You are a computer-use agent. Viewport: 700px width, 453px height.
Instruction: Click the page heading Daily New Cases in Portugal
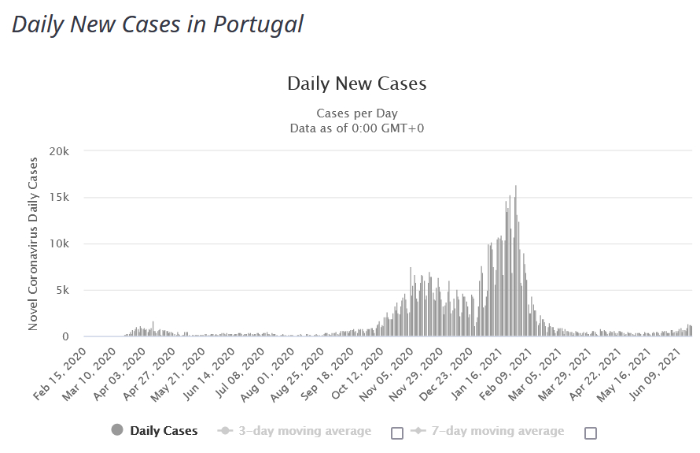[157, 24]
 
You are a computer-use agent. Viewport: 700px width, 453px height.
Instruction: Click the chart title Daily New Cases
[356, 84]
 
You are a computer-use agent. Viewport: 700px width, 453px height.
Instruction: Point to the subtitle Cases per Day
[356, 113]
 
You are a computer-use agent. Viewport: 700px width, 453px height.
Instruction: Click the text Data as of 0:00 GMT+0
[358, 128]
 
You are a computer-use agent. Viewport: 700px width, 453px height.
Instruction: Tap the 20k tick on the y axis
[60, 150]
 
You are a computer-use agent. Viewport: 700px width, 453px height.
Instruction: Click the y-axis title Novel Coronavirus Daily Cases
[33, 243]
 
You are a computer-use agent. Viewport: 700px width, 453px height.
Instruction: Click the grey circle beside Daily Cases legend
[117, 430]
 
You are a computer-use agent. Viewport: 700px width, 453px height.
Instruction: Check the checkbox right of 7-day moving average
[591, 433]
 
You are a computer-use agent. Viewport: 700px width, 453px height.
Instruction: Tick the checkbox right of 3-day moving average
[397, 433]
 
